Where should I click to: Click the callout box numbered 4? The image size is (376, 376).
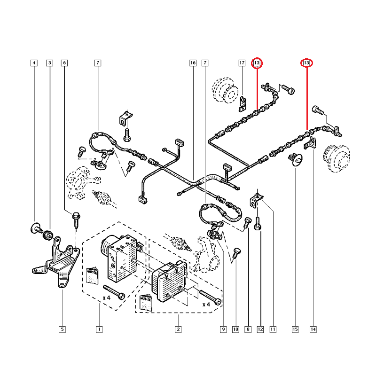point(33,63)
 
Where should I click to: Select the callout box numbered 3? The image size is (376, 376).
point(49,63)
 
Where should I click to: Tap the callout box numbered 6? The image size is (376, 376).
point(64,63)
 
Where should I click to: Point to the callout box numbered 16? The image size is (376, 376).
point(193,63)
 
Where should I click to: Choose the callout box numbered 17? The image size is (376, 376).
point(242,63)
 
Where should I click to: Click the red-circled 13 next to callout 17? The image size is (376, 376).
point(257,63)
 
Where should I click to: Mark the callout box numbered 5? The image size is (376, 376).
point(63,329)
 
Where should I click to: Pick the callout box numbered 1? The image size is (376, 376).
point(99,329)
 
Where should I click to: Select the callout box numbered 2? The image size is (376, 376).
point(178,329)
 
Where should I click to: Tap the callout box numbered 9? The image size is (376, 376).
point(223,329)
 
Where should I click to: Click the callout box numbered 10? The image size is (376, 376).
point(235,329)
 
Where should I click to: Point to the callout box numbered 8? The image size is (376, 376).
point(248,329)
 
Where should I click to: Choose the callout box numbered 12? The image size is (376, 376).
point(260,329)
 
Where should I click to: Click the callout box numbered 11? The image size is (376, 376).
point(272,329)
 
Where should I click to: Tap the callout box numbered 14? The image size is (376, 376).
point(313,329)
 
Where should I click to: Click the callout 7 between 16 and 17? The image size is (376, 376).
point(205,63)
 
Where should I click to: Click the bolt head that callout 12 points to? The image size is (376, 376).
point(258,227)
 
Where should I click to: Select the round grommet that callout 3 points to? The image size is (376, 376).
point(47,234)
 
